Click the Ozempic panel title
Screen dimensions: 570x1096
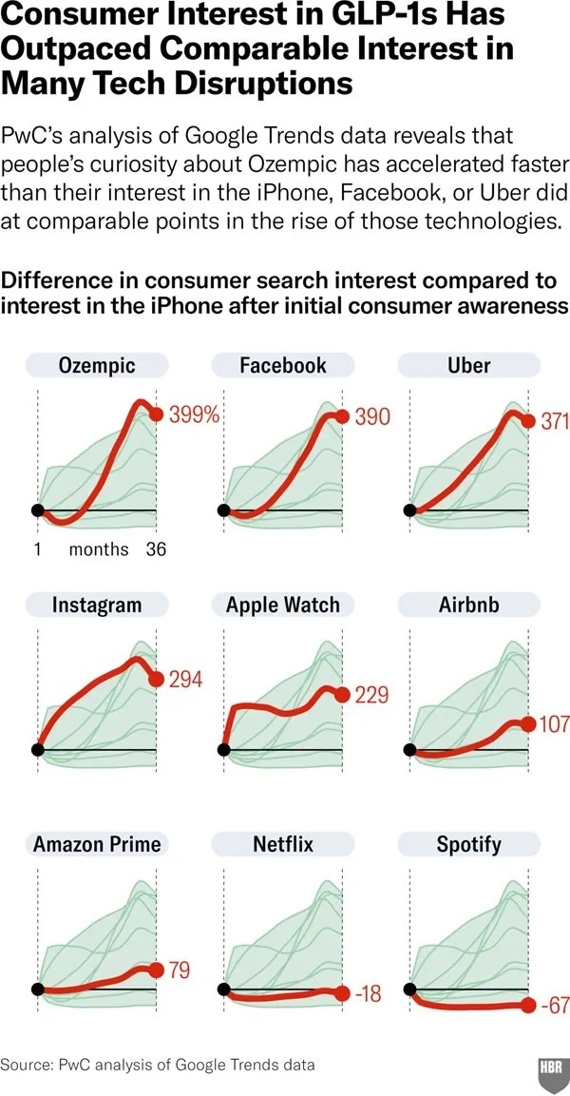[x=97, y=365]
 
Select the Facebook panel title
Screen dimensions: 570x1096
[x=283, y=365]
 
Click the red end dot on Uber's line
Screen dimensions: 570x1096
[x=529, y=421]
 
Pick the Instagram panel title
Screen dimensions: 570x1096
[x=96, y=605]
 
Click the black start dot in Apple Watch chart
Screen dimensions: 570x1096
[x=223, y=750]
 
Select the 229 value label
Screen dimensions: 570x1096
[x=371, y=696]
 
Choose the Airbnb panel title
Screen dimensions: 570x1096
[x=468, y=605]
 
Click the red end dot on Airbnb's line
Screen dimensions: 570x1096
[x=529, y=724]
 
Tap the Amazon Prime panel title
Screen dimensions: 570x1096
[x=97, y=844]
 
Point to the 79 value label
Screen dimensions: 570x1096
[x=180, y=971]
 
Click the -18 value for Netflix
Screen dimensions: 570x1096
[x=369, y=993]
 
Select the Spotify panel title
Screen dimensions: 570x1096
[x=468, y=844]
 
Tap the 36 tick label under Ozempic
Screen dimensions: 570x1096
[x=156, y=550]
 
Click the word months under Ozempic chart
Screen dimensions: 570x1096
[x=99, y=550]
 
